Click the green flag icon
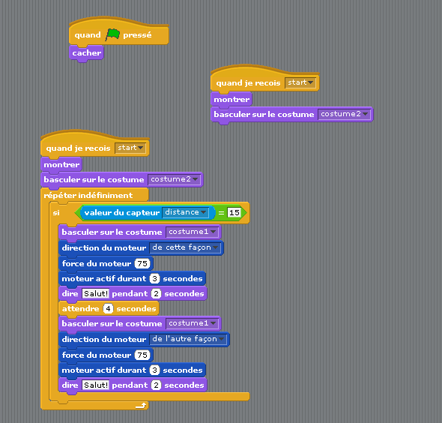click(x=113, y=34)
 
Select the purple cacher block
click(x=87, y=53)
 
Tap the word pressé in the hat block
click(x=137, y=35)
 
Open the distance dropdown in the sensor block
click(x=186, y=212)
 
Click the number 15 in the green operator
click(x=234, y=212)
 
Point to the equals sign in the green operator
click(x=221, y=213)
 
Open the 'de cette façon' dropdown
click(x=185, y=247)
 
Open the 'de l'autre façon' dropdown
click(x=188, y=339)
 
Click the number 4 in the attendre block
click(x=108, y=309)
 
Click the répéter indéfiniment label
click(x=88, y=195)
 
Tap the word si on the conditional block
click(x=56, y=212)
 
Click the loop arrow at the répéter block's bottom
click(x=141, y=406)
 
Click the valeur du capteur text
click(x=122, y=212)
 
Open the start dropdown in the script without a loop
click(x=300, y=82)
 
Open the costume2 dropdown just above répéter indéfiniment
click(x=175, y=179)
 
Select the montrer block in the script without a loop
click(x=231, y=100)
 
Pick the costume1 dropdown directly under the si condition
click(x=193, y=232)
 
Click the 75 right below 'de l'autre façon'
click(x=142, y=355)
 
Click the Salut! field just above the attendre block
click(x=96, y=293)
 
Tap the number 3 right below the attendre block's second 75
click(x=154, y=370)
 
